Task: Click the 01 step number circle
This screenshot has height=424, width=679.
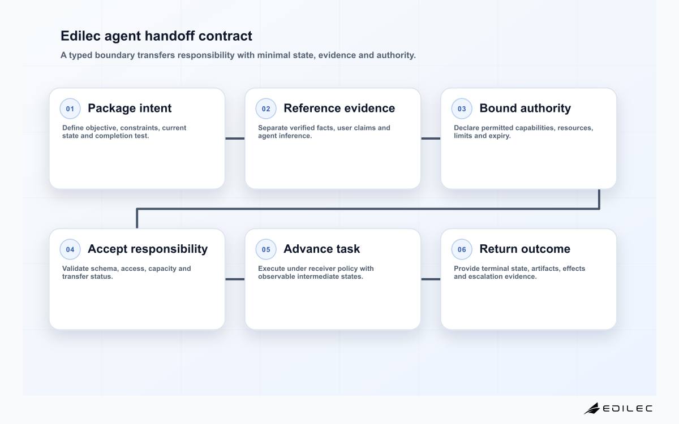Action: (x=70, y=109)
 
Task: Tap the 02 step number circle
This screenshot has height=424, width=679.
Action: (x=266, y=109)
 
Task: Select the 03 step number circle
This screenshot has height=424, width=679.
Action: (x=462, y=109)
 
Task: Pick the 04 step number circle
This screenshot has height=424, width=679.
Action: (x=70, y=249)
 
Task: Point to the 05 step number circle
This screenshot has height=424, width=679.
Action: (x=266, y=249)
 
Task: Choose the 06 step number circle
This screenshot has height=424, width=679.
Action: (x=462, y=249)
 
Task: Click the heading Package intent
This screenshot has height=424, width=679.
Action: (x=130, y=109)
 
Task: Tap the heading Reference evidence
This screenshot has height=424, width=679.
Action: (x=339, y=108)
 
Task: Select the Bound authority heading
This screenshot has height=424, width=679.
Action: (x=525, y=109)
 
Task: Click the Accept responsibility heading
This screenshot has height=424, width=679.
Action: (x=148, y=249)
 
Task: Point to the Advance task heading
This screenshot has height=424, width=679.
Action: (x=321, y=249)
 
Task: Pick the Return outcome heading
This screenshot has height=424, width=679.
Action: (x=525, y=249)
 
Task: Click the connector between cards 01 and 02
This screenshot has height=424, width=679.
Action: (x=235, y=139)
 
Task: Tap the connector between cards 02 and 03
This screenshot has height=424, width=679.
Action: (x=431, y=139)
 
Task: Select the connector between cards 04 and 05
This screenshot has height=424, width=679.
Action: (x=235, y=279)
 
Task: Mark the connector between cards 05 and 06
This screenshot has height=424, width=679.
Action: (x=431, y=279)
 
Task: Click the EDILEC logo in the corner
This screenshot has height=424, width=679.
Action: (x=618, y=408)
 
